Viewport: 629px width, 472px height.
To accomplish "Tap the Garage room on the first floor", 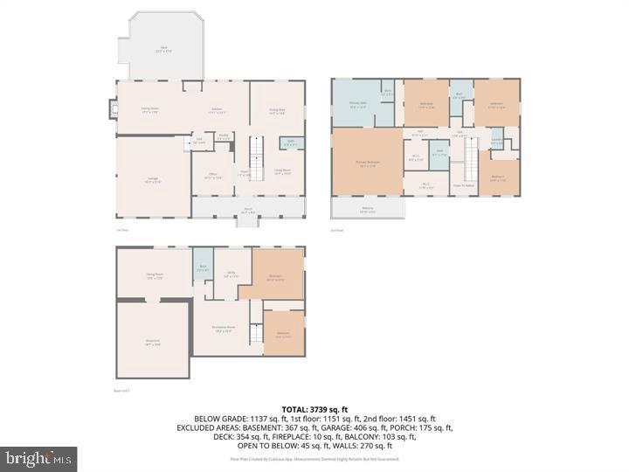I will (x=152, y=179).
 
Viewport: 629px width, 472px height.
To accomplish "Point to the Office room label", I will (x=211, y=176).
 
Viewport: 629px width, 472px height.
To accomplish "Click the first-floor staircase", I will (x=257, y=156).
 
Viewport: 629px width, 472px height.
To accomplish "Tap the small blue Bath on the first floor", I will (x=287, y=142).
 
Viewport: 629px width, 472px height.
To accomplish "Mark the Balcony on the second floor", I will (x=367, y=210).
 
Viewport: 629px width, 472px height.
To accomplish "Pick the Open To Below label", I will (x=463, y=185).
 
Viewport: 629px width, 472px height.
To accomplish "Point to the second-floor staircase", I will (x=471, y=161).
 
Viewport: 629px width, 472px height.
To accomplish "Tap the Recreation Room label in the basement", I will (x=224, y=330).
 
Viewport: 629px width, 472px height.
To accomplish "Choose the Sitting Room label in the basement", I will (x=155, y=275).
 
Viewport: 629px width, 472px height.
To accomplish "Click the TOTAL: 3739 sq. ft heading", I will (x=314, y=409).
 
